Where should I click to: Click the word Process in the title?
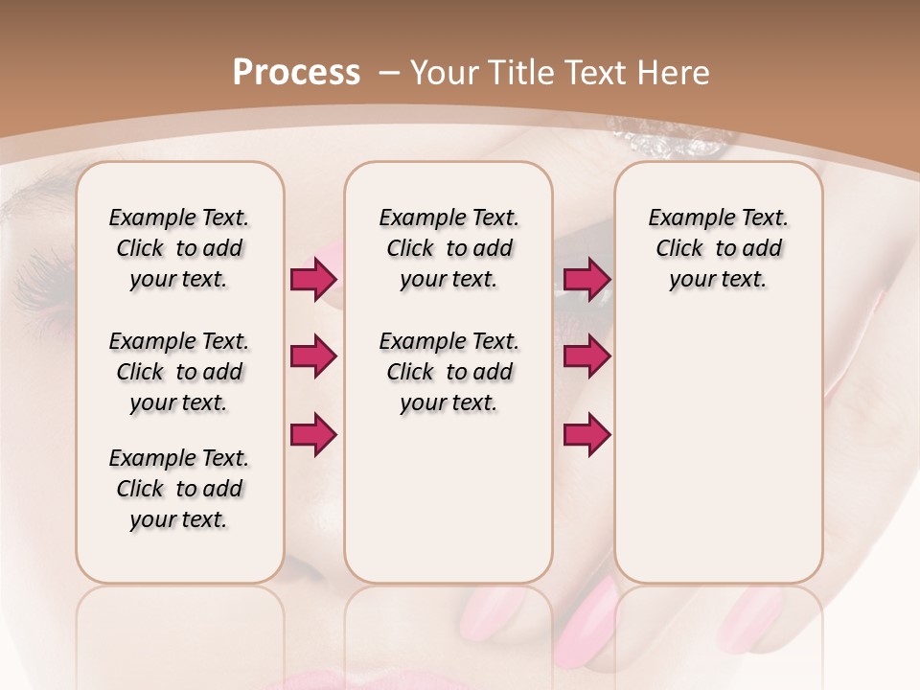click(x=296, y=73)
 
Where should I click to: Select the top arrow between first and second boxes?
click(x=313, y=279)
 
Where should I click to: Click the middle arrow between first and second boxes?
click(x=313, y=356)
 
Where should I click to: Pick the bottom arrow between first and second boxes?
click(x=313, y=435)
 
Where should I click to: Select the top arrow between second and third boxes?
click(x=586, y=279)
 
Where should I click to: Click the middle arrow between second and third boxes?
click(x=586, y=356)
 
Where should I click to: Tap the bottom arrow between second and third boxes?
click(x=586, y=435)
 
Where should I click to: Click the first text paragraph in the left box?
click(x=179, y=248)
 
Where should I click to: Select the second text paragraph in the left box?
click(x=179, y=372)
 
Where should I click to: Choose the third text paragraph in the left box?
click(x=179, y=489)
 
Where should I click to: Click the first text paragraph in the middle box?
click(x=448, y=248)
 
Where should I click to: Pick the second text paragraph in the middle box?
click(x=448, y=372)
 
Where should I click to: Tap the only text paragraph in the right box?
click(x=718, y=248)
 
